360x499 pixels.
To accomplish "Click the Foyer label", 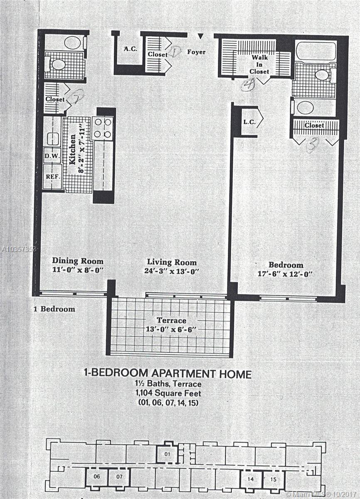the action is click(x=196, y=52).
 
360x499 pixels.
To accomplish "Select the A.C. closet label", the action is click(x=131, y=49).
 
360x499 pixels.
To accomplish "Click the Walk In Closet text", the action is click(x=259, y=64).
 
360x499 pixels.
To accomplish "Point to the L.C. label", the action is click(x=249, y=122).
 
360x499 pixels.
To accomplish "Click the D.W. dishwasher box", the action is click(x=52, y=155).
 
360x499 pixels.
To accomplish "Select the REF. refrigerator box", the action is click(x=52, y=177).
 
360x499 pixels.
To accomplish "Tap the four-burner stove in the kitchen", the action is click(x=103, y=128).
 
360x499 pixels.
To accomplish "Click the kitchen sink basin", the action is click(x=53, y=139).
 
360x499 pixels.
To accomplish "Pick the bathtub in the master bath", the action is click(x=316, y=50).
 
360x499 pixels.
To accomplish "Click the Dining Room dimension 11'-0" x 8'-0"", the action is click(x=78, y=270).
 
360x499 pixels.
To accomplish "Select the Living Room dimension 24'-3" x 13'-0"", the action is click(x=171, y=271).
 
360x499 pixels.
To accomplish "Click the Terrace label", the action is click(x=171, y=321).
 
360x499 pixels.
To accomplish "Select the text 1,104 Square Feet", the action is click(x=168, y=393).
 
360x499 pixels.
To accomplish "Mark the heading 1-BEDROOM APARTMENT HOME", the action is click(x=168, y=373).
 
